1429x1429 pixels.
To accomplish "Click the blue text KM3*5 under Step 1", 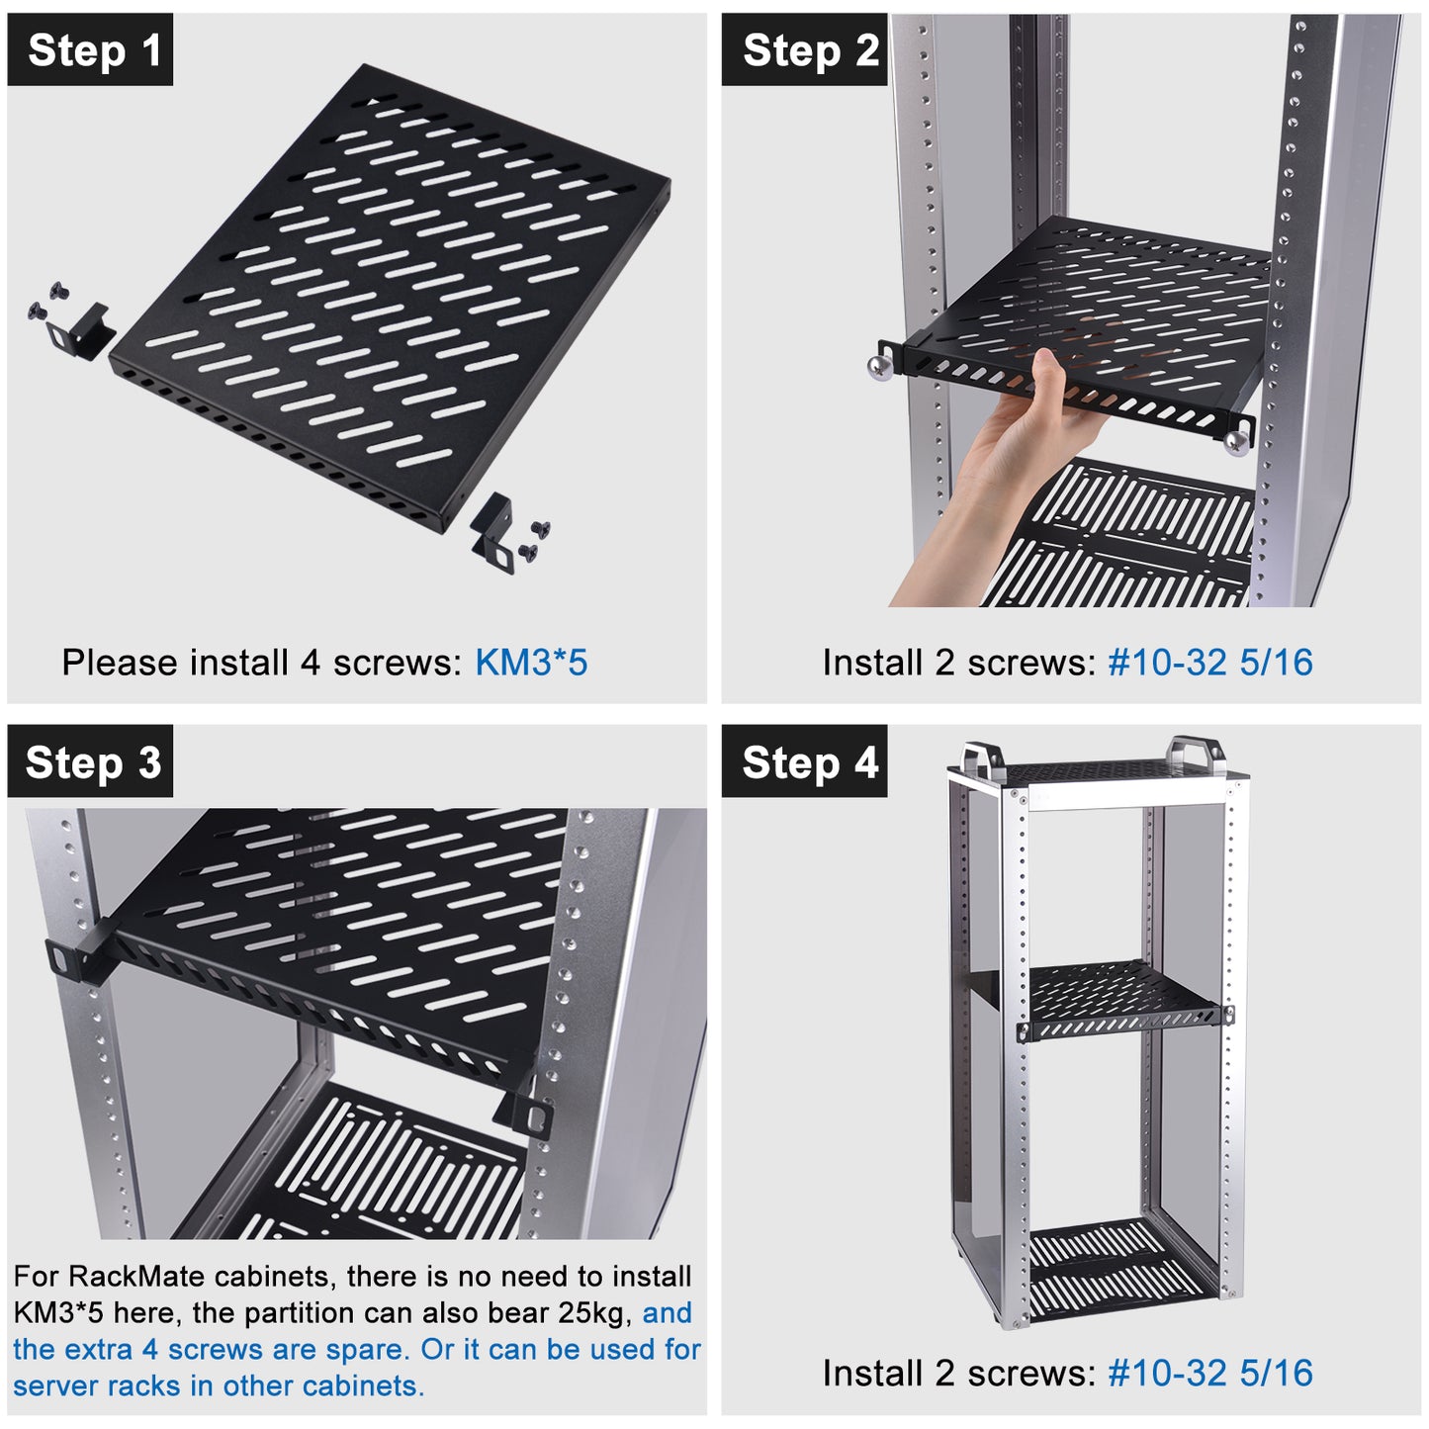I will [531, 663].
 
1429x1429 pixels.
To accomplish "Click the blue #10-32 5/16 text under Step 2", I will [1209, 663].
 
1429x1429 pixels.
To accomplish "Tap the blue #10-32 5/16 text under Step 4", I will [1209, 1373].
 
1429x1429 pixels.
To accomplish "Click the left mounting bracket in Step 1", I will [82, 328].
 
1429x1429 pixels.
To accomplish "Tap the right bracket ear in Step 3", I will [535, 1113].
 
